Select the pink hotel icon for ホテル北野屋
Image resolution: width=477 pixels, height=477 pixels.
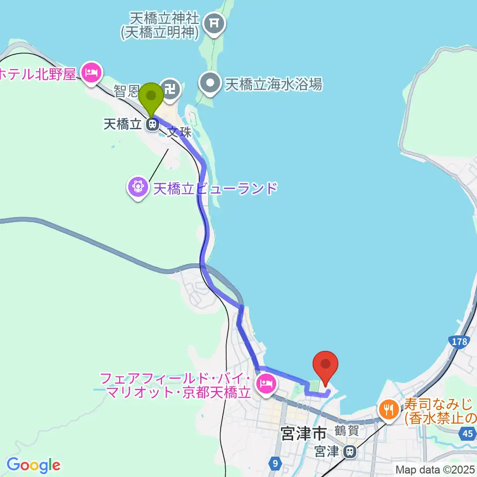(x=91, y=74)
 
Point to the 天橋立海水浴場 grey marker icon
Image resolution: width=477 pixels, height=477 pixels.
(x=211, y=82)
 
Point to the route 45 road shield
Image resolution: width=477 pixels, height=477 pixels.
(x=468, y=434)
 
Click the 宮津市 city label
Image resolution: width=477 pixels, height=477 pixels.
(x=303, y=434)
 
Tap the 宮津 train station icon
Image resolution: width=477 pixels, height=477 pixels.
(x=350, y=452)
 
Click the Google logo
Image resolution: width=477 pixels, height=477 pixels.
(x=34, y=465)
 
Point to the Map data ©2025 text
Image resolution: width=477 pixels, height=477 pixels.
(x=435, y=469)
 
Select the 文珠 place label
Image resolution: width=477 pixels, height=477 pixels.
(x=178, y=133)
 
